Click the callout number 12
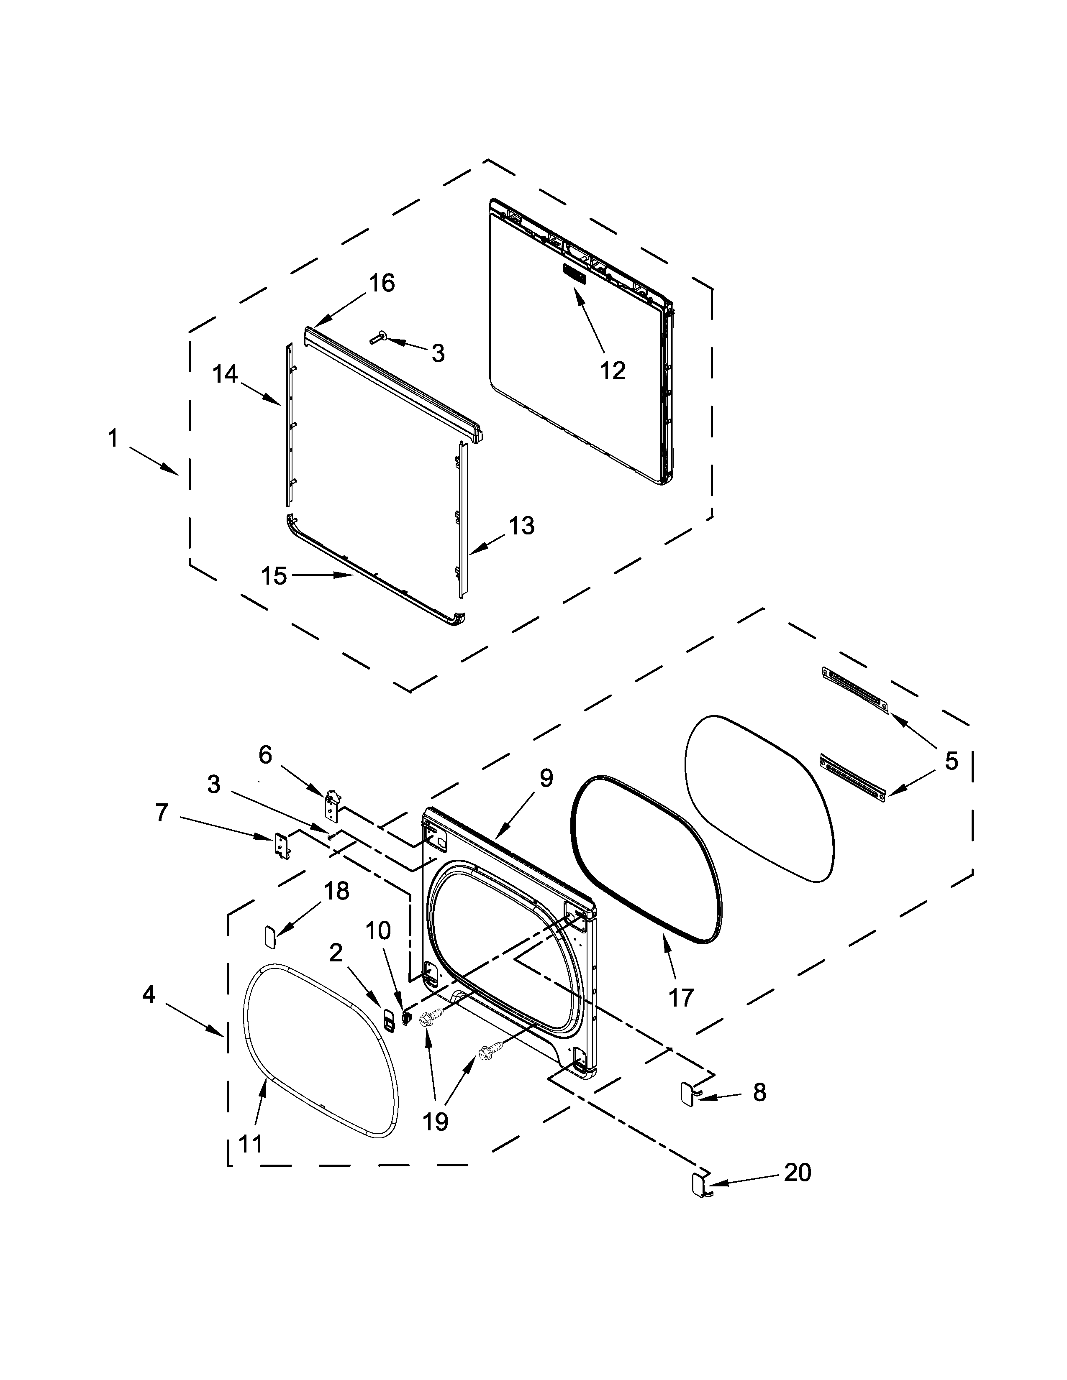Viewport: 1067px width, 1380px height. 612,371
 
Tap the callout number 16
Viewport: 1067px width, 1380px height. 382,284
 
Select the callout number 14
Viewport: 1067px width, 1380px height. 224,374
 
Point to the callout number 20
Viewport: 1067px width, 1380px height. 797,1173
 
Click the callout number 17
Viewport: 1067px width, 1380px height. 681,998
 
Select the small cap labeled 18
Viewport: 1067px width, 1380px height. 270,936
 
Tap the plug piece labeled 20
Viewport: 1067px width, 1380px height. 700,1185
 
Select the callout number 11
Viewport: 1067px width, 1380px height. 251,1144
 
